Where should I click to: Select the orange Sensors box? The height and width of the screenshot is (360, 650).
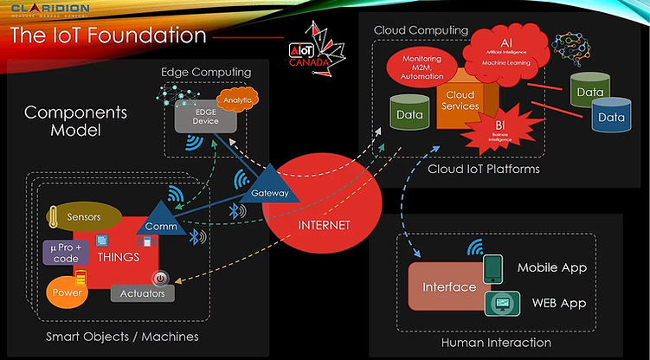coord(82,216)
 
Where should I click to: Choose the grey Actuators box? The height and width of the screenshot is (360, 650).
coord(143,294)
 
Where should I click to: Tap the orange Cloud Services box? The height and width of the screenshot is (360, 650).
coord(460,100)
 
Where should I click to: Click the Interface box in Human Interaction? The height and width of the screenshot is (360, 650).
coord(448,287)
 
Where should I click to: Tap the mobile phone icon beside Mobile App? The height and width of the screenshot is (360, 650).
coord(492,268)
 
